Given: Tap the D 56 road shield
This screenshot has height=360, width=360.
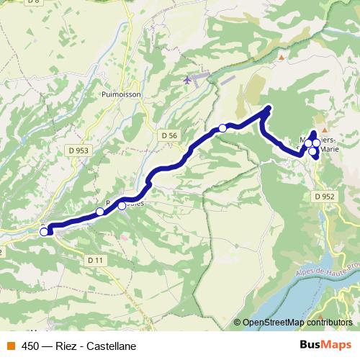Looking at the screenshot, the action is click(169, 135).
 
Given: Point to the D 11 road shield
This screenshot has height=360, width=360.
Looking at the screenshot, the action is click(95, 259).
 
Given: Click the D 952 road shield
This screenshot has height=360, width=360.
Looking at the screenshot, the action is click(324, 196).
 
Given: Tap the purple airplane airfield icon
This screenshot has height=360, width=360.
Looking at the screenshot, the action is click(189, 79).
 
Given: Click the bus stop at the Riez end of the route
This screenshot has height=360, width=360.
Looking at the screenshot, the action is click(44, 232).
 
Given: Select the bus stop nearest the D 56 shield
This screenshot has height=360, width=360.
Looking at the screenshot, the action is click(222, 128).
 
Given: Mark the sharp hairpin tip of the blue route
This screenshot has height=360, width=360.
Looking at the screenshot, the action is click(269, 109).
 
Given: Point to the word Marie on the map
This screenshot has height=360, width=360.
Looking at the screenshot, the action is click(328, 150).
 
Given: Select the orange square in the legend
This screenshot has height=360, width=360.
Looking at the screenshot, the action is click(11, 346).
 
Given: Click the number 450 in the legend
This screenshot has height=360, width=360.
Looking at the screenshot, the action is click(30, 346).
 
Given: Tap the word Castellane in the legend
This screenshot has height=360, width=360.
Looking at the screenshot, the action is click(110, 346).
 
